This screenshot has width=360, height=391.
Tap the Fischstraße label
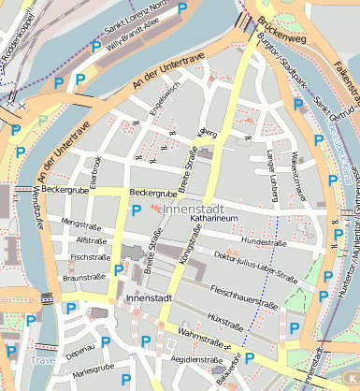coord(90,256)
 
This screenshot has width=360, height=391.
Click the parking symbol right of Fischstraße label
coord(118,269)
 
